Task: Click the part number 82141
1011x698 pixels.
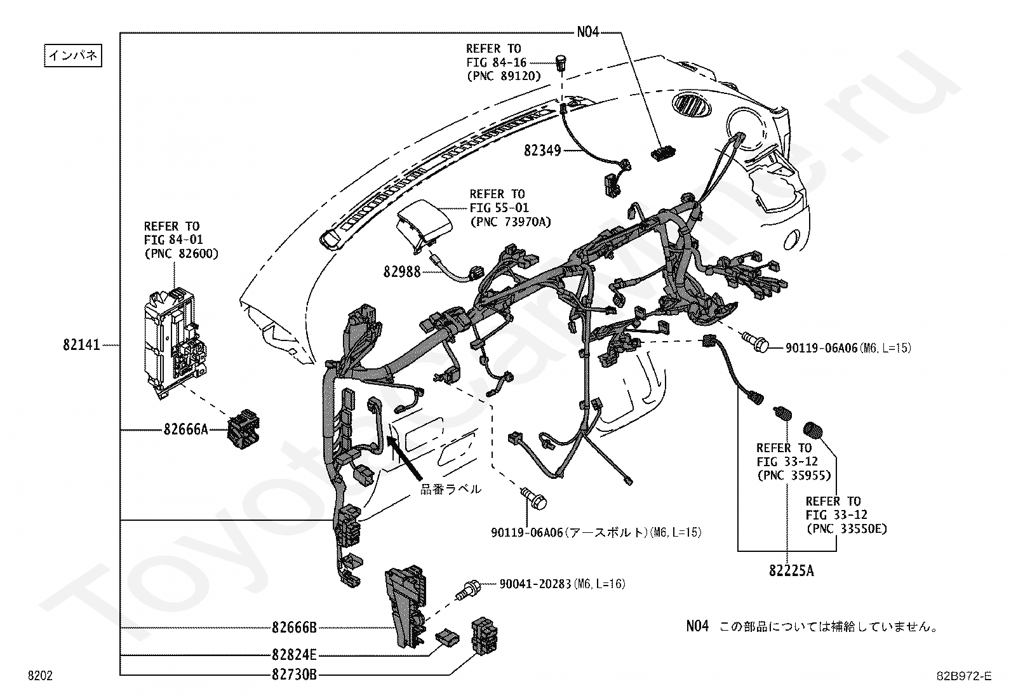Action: point(81,346)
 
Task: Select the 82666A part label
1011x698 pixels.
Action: point(186,429)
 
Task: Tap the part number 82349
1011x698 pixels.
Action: point(542,151)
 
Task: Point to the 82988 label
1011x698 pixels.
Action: point(402,272)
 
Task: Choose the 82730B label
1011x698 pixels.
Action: point(294,675)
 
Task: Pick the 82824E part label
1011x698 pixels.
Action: point(294,655)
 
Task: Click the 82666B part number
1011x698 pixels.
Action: point(294,628)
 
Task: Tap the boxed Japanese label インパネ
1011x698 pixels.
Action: point(73,55)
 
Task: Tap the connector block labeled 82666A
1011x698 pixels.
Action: point(244,429)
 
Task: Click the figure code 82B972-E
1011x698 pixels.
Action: point(964,676)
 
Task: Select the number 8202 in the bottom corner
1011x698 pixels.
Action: point(40,676)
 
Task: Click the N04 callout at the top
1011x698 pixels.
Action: point(588,32)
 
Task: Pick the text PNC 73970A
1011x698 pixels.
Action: point(511,222)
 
